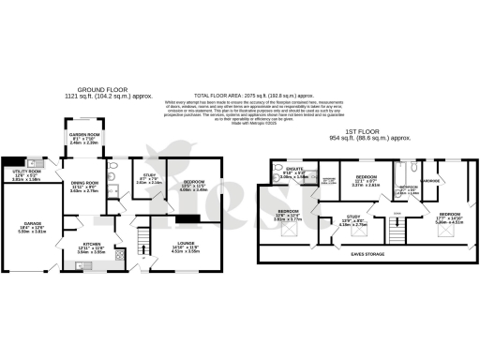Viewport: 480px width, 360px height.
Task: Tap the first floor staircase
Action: point(397,232)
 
